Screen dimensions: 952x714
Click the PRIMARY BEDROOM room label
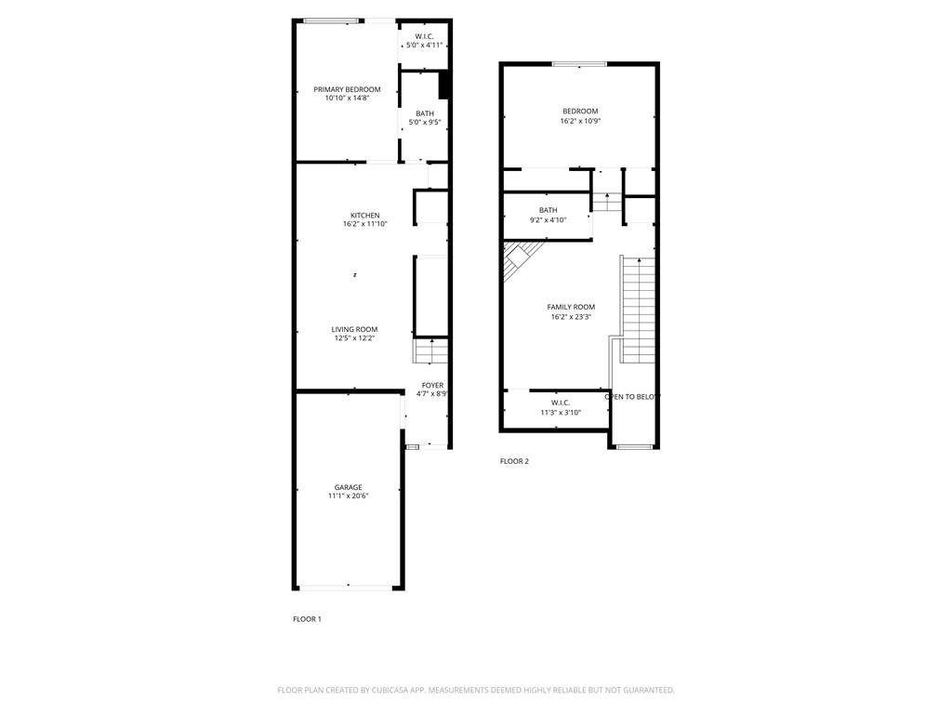coord(347,89)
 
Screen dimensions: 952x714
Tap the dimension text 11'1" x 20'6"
coord(349,496)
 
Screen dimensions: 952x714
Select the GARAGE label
coord(349,487)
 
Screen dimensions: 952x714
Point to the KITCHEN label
coord(364,215)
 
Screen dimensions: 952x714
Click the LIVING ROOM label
coord(354,329)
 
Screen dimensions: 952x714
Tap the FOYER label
coord(433,385)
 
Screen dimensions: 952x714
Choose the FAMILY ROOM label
coord(571,307)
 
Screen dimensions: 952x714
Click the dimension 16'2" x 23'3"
coord(571,316)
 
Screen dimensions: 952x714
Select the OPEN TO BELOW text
coord(632,396)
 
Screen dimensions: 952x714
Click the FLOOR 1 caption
coord(307,618)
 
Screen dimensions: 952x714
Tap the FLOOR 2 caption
coord(514,461)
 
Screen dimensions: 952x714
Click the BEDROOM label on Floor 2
coord(580,112)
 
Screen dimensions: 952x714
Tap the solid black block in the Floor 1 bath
coord(443,85)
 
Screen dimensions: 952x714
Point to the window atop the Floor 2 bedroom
coord(579,64)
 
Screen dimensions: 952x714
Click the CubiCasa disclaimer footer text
coord(476,690)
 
